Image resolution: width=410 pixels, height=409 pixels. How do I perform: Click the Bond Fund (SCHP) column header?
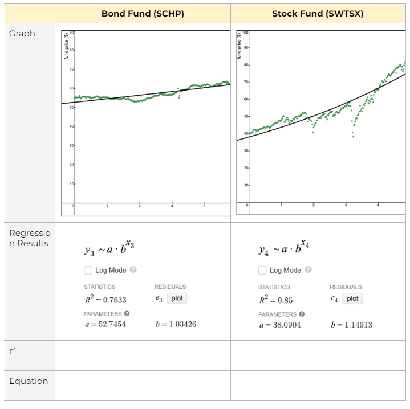click(x=143, y=14)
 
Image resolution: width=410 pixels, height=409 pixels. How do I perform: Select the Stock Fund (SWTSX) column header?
click(x=318, y=14)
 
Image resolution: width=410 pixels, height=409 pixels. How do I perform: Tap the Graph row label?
click(x=22, y=34)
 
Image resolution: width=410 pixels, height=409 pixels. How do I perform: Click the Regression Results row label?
click(x=30, y=238)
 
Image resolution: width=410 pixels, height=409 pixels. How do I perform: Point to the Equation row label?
click(x=29, y=381)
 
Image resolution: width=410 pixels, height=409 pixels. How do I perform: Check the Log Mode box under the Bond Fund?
click(x=88, y=270)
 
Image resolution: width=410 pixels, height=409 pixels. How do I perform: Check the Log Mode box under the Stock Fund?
click(x=262, y=270)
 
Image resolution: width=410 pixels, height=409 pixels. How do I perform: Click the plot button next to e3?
click(x=177, y=298)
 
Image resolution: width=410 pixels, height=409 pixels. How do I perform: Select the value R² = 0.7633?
click(x=105, y=299)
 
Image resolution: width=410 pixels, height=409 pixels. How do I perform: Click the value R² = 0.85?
click(x=276, y=299)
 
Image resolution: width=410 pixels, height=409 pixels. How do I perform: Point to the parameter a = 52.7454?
click(x=105, y=324)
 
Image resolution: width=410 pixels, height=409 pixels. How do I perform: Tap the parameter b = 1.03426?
click(x=176, y=324)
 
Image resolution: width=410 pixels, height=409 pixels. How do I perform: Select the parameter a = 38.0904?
click(x=279, y=325)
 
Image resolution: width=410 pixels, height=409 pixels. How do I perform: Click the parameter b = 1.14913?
click(x=351, y=325)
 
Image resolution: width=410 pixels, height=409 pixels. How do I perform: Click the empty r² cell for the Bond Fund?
click(x=143, y=355)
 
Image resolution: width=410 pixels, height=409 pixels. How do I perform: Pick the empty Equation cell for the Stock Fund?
click(x=318, y=386)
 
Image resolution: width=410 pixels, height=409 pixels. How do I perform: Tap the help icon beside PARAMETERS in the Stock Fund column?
click(x=302, y=314)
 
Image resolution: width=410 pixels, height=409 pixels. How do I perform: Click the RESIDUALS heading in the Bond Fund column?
click(x=170, y=287)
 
